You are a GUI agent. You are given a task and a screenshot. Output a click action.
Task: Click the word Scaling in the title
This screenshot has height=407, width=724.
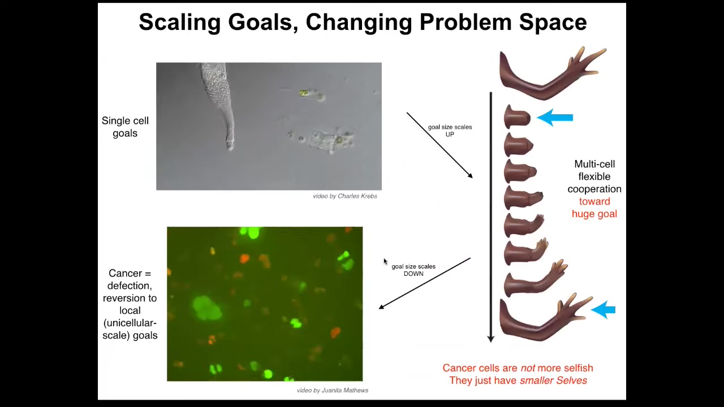pos(180,22)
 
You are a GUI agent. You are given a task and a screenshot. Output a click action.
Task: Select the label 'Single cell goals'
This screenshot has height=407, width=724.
pos(125,127)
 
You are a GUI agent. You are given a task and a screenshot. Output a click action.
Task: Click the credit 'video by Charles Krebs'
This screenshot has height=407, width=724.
pos(345,196)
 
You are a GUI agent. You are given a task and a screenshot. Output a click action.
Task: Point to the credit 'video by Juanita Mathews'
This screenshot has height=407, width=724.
pos(333,390)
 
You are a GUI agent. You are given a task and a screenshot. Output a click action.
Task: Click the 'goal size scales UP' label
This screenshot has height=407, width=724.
pos(450,131)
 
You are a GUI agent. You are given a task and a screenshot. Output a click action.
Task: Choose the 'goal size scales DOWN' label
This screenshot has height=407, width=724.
pos(413,270)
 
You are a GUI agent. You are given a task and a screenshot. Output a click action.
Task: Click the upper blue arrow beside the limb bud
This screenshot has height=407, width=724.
pos(555,118)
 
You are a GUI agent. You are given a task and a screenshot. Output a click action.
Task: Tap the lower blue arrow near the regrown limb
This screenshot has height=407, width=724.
pos(603,310)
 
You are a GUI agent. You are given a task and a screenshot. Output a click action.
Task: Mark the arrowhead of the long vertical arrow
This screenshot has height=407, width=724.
pos(490,339)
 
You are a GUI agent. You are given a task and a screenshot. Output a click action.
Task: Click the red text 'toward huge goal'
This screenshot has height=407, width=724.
pos(594,207)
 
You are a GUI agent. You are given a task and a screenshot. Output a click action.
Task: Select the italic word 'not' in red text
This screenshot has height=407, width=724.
pos(528,368)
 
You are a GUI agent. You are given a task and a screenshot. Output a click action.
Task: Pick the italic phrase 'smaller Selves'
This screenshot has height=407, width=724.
pos(553,380)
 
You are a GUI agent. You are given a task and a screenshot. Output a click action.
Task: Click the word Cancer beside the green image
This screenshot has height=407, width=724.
pos(125,273)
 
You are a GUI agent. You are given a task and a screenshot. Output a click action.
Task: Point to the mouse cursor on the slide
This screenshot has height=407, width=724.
pos(385,261)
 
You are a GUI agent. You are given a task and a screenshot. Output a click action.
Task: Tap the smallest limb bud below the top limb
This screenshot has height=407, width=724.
pos(517,117)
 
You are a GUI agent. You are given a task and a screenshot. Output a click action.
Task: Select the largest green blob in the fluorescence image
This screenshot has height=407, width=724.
pos(207,308)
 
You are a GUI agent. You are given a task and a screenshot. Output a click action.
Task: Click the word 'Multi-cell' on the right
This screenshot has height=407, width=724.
pos(594,164)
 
